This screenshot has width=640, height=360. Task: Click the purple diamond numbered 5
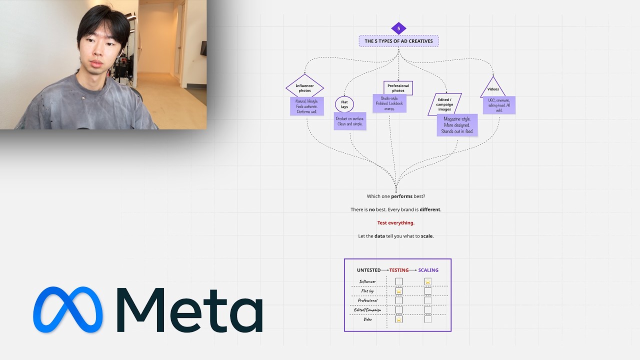398,28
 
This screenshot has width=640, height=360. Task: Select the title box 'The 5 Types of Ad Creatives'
398,41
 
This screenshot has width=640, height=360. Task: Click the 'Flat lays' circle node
344,104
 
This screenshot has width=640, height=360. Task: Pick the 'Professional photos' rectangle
398,88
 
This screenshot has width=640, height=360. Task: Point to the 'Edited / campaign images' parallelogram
444,104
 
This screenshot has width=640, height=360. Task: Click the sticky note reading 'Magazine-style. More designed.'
457,125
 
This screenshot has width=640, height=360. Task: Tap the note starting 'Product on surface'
350,121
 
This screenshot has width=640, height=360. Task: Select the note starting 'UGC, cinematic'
499,105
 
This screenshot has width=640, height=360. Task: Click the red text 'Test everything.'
395,223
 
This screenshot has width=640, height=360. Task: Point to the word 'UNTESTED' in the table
368,270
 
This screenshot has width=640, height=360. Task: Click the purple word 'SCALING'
428,270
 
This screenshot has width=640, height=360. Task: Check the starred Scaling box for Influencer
428,281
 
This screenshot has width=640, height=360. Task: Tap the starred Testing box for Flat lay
399,291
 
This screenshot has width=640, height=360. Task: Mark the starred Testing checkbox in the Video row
399,319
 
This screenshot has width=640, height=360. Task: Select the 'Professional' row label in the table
367,300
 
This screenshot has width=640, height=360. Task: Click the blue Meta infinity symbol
68,309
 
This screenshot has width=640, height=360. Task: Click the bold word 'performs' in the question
401,196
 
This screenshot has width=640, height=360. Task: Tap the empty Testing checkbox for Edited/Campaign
399,310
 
